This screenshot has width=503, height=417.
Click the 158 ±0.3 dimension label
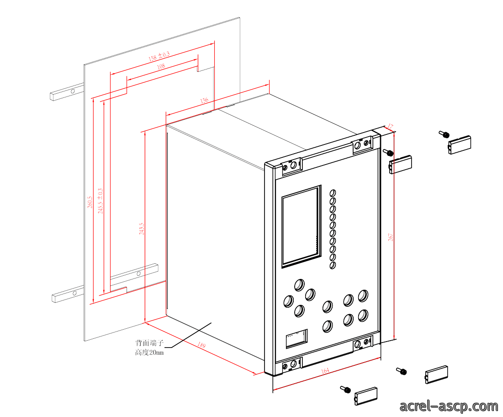pos(159,56)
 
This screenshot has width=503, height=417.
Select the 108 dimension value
pos(161,66)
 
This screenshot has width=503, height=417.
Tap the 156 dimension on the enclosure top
pos(204,101)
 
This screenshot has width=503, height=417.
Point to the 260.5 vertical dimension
pos(90,202)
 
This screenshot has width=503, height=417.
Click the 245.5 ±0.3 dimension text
pos(101,201)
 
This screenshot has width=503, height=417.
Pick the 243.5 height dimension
pos(142,229)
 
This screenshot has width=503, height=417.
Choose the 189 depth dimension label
pos(201,345)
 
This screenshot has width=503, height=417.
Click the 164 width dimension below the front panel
pos(325,371)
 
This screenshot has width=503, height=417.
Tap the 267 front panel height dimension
pos(391,237)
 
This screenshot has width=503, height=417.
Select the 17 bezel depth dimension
pos(390,127)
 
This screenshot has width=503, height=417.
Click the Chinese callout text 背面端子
pos(149,343)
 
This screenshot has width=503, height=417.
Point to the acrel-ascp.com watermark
pos(449,406)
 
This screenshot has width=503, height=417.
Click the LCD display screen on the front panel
pos(301,226)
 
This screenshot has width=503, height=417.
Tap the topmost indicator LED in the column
pos(333,193)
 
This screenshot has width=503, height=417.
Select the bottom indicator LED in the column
pos(333,265)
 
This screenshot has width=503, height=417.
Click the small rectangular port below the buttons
pos(297,338)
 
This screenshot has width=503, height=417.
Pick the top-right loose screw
pos(444,134)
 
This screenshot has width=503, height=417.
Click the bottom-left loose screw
pos(345,390)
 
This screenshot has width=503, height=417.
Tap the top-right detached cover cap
pos(460,145)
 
